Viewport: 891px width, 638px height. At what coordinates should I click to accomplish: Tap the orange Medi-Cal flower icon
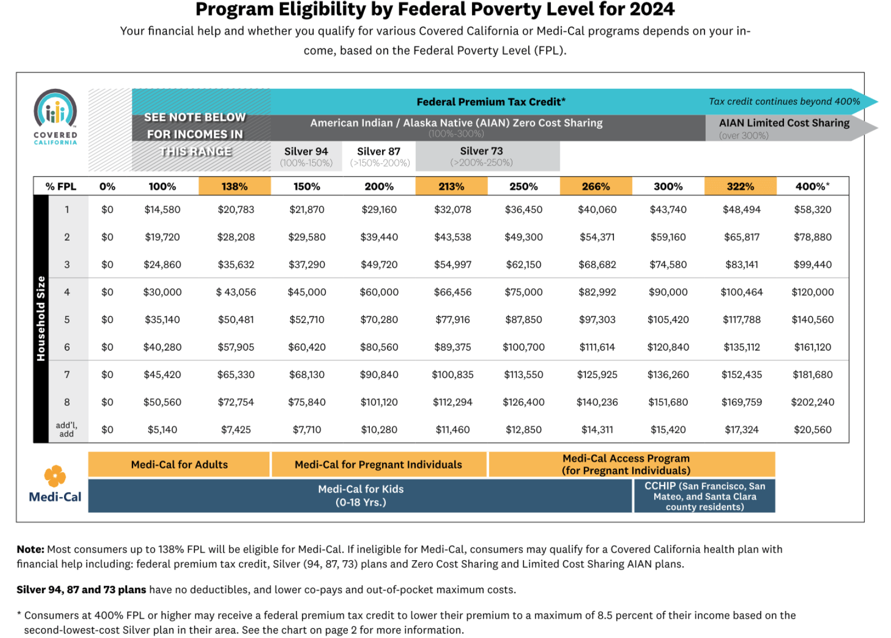coord(55,475)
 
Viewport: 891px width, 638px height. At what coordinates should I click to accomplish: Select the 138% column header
coord(235,187)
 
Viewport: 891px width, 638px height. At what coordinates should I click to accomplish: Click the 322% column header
coord(740,187)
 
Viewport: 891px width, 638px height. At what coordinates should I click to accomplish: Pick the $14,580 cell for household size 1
coord(162,210)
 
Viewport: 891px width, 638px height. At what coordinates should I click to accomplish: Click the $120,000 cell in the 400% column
coord(813,292)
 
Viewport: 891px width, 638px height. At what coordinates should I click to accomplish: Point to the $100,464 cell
coord(741,292)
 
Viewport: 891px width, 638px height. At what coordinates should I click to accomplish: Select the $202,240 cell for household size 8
coord(813,402)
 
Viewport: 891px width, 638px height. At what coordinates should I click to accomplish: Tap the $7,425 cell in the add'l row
coord(236,430)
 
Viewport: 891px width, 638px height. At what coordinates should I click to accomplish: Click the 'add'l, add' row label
coord(67,429)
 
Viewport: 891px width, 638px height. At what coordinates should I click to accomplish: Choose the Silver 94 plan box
coord(306,156)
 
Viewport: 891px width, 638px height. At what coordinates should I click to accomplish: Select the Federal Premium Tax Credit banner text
coord(491,102)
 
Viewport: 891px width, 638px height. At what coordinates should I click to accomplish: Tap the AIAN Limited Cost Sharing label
coord(784,123)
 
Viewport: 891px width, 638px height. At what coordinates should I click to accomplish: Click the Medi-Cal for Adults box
coord(179,465)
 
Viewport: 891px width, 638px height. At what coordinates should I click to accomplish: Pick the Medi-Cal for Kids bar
coord(360,496)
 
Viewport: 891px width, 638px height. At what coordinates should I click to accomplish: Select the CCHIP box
coord(704,496)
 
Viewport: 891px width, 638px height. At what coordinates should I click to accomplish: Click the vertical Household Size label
coord(41,319)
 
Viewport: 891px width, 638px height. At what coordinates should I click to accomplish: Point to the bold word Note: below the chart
coord(30,549)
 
